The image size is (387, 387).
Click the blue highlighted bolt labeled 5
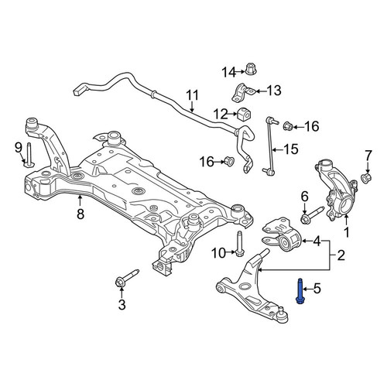click(300, 291)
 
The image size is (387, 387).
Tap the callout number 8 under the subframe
click(80, 214)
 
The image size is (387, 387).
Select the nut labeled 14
click(250, 69)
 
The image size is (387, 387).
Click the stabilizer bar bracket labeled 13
click(243, 92)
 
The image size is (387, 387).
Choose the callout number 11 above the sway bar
click(193, 95)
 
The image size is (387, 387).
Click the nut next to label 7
click(366, 177)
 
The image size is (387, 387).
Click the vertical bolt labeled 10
click(239, 243)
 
